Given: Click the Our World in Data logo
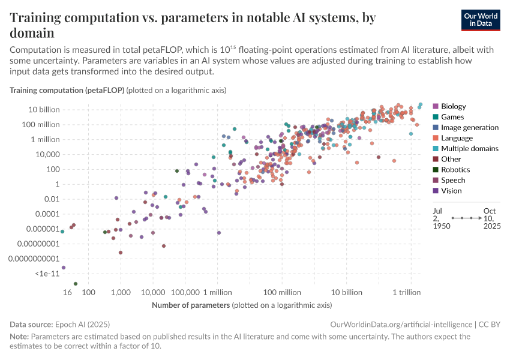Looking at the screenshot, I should click(x=481, y=20).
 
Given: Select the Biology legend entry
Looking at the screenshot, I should click(x=453, y=106).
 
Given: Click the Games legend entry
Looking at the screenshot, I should click(x=452, y=117).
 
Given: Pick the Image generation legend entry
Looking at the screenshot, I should click(x=469, y=127).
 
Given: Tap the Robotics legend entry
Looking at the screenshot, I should click(x=455, y=170).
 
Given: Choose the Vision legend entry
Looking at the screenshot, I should click(x=452, y=191).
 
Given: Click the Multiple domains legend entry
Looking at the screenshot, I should click(x=469, y=148).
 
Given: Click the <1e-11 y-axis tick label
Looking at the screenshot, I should click(x=45, y=274).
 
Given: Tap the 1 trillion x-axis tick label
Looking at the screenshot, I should click(x=410, y=292).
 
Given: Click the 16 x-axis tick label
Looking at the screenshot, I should click(x=67, y=292).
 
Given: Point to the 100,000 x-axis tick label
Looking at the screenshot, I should click(x=185, y=292).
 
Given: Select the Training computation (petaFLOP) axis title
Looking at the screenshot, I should click(x=67, y=90).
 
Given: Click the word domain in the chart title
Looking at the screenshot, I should click(x=32, y=33).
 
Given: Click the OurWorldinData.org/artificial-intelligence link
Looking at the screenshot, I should click(x=401, y=324).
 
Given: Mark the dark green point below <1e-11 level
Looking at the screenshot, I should click(x=75, y=283).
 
